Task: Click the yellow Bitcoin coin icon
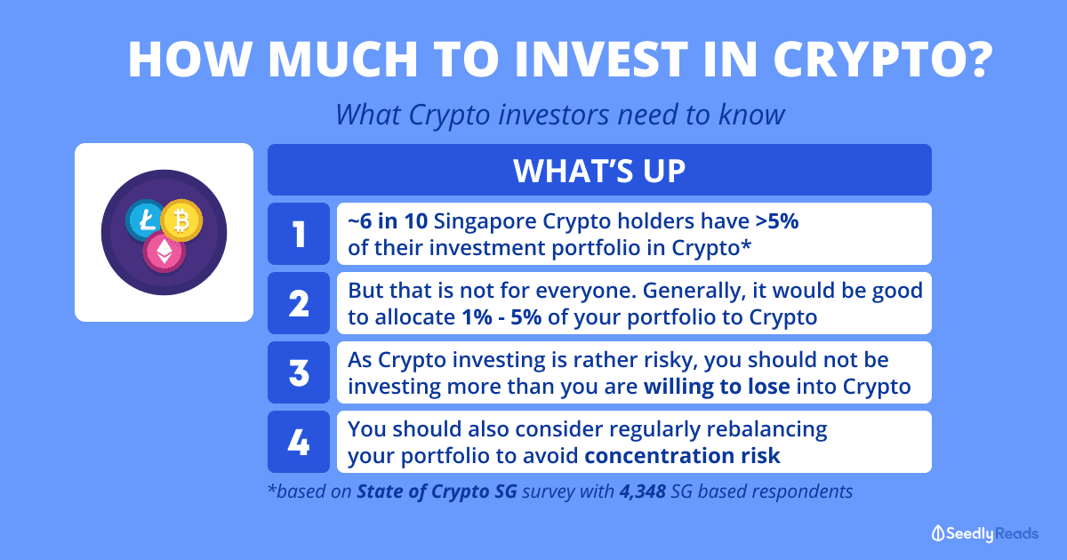181,220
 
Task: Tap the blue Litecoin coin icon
144,220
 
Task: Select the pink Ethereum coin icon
164,252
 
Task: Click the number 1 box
299,234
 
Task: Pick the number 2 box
299,303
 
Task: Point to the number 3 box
299,372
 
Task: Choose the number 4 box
299,442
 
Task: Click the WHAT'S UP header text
599,171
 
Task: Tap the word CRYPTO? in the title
883,59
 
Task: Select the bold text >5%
777,221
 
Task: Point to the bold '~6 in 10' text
388,221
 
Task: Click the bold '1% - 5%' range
501,317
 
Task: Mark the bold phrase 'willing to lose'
717,386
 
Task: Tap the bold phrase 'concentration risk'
682,456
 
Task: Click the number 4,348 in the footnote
643,492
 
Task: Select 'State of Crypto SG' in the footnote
437,492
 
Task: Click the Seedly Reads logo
984,533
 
